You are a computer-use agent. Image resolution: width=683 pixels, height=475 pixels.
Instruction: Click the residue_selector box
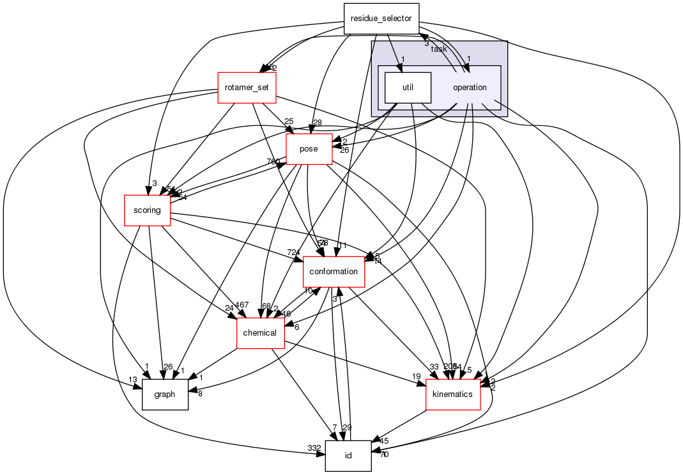pos(381,19)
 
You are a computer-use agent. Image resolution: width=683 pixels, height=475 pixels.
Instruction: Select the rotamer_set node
pos(247,88)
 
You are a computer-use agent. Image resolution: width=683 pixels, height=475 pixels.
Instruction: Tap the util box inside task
pos(407,88)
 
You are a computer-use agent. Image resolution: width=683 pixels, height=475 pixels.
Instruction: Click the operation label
pos(470,88)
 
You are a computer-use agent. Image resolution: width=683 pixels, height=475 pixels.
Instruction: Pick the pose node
pos(309,149)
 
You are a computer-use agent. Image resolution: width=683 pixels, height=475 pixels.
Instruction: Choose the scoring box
pos(147,210)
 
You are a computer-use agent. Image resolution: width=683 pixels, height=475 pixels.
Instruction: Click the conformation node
pos(333,272)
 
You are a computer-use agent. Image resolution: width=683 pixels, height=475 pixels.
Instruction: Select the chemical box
pos(260,333)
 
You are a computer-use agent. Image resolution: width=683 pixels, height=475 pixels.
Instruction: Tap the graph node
pos(164,394)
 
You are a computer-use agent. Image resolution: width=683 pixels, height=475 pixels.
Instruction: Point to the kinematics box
pos(452,394)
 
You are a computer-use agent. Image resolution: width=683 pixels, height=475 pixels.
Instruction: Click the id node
pos(348,456)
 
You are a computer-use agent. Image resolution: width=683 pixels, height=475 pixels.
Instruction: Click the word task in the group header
pos(439,49)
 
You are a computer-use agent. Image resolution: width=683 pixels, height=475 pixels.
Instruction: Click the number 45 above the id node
pos(384,440)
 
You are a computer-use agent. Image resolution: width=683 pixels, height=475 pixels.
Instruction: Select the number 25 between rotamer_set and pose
pos(289,121)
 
